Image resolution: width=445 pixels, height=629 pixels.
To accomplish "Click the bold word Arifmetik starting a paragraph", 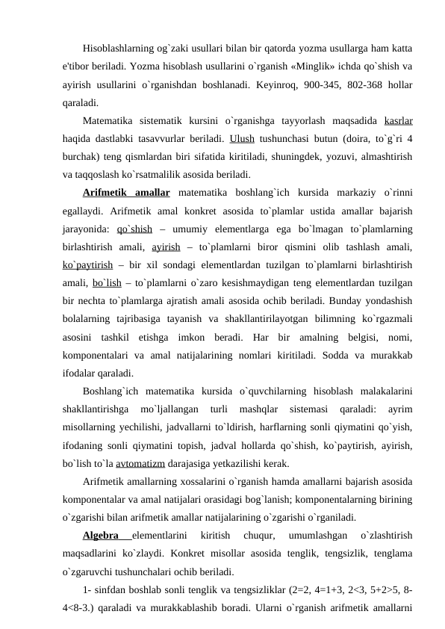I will tap(108, 193).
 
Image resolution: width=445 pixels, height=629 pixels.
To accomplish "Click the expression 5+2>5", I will tap(379, 589).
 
